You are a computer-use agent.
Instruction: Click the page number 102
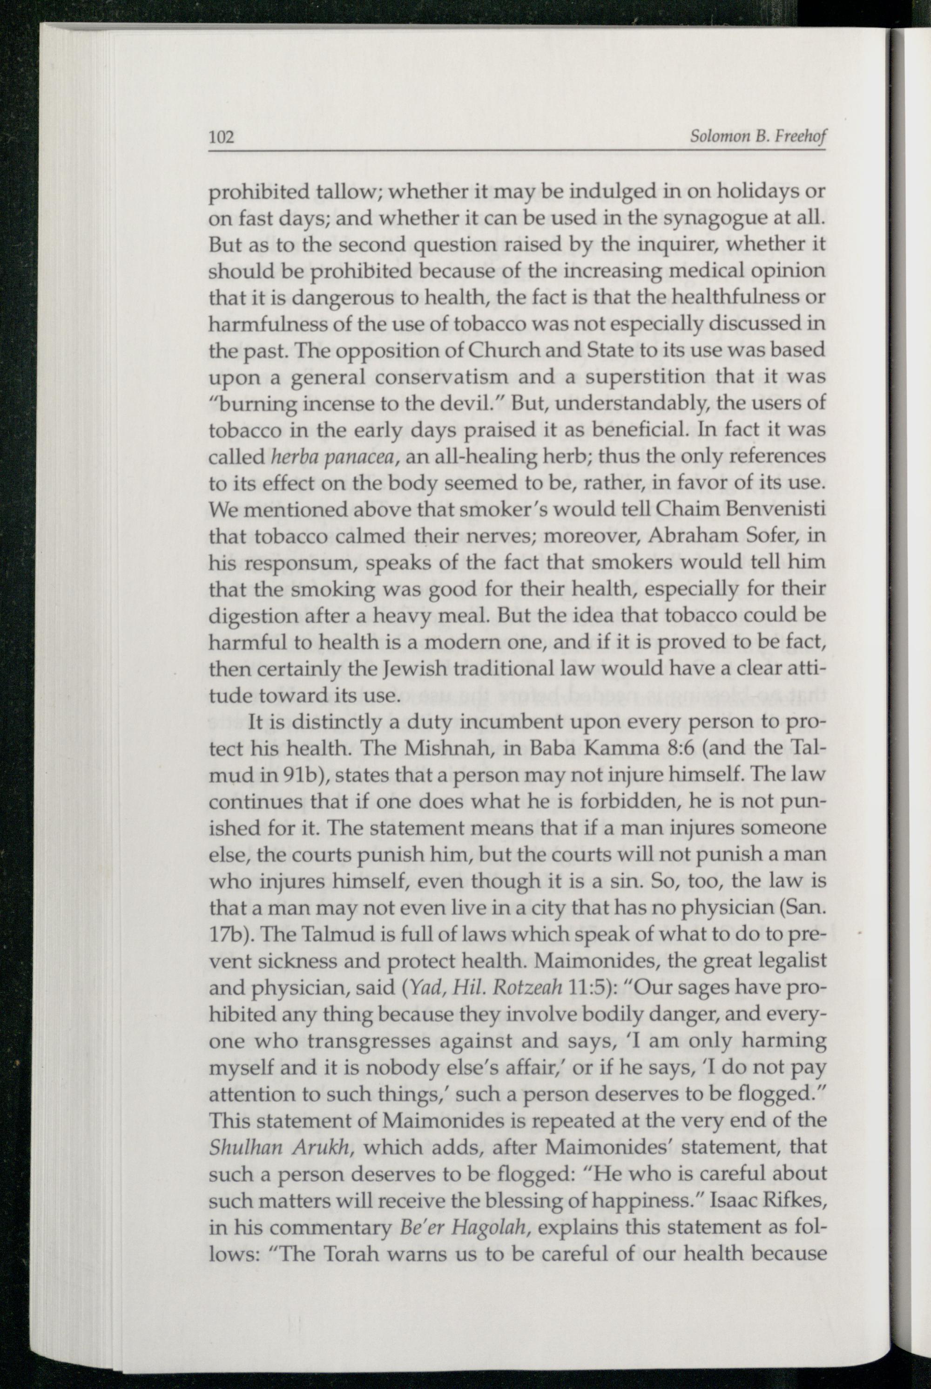click(222, 138)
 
